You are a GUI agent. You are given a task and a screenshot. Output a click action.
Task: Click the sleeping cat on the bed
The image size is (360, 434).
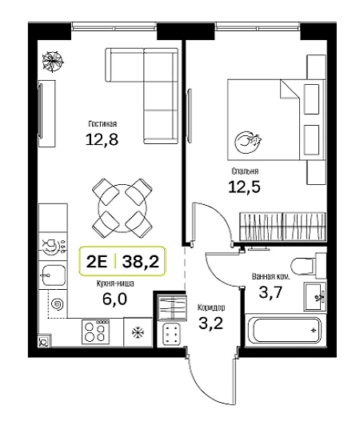(x=248, y=142)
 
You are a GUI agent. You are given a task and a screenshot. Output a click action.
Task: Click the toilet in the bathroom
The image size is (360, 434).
(x=304, y=266)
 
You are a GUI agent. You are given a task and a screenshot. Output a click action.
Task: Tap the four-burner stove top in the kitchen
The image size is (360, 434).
(x=96, y=332)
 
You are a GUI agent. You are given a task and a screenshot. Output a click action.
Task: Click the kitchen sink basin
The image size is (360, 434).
(x=54, y=275)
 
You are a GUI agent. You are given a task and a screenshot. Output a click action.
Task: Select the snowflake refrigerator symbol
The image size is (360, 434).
(x=138, y=332)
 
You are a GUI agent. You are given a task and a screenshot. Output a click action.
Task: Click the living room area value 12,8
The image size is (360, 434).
(x=102, y=139)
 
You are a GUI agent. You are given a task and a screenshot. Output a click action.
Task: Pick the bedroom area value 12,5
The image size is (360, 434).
(x=245, y=187)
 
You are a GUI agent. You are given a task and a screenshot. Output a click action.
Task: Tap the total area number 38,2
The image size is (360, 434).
(x=141, y=261)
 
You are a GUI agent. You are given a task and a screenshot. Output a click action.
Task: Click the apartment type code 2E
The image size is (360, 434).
(x=97, y=261)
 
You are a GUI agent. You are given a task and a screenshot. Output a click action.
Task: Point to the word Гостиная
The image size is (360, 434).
(x=102, y=124)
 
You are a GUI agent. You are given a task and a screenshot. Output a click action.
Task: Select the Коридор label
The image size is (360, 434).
(x=211, y=307)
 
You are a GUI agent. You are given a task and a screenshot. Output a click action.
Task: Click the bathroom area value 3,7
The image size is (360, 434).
(x=270, y=292)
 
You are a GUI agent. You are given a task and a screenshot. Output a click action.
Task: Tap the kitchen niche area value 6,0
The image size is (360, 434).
(x=114, y=299)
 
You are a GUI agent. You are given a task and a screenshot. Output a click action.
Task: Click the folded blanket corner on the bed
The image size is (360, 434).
(x=290, y=90)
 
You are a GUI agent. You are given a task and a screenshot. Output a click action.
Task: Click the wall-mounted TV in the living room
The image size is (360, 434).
(x=41, y=111)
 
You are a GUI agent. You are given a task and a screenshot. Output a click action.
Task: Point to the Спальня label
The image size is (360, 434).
(x=245, y=171)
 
